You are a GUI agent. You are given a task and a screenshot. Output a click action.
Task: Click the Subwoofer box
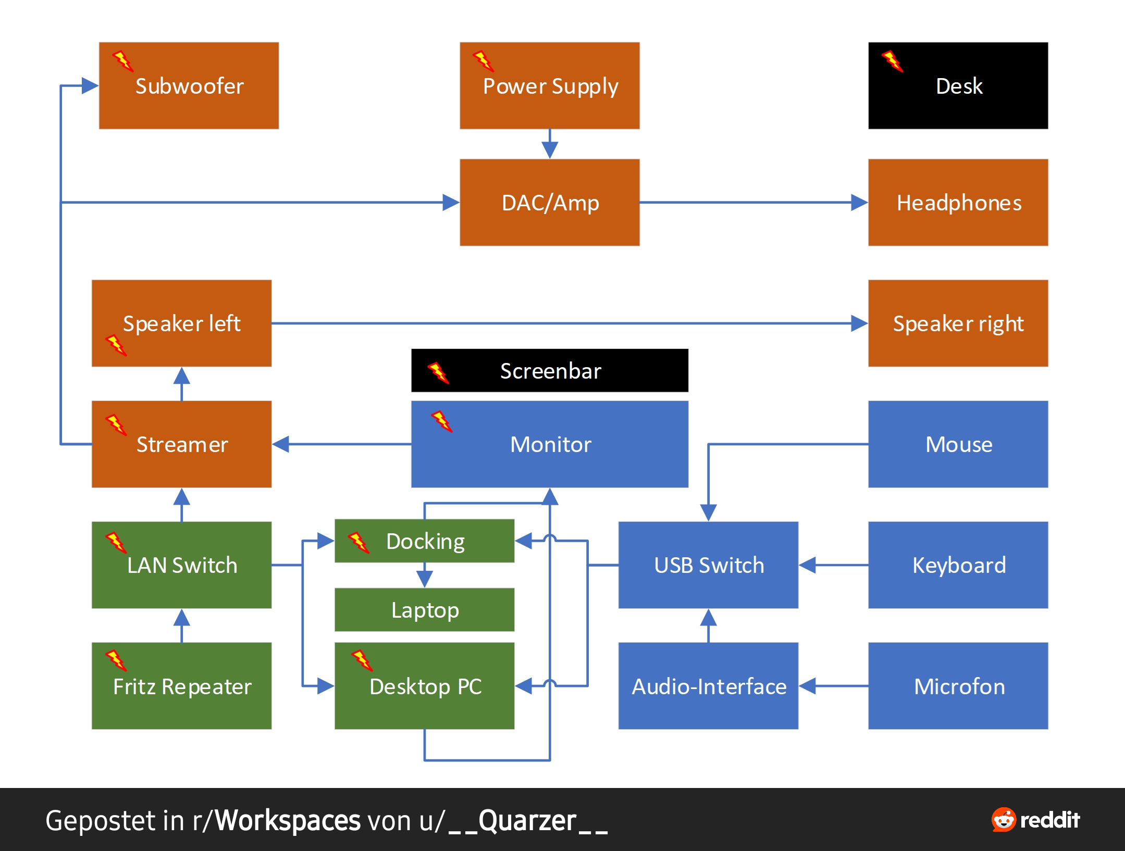[x=189, y=85]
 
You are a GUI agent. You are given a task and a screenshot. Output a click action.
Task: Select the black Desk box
[x=958, y=85]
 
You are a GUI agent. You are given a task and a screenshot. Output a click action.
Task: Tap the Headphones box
[x=958, y=202]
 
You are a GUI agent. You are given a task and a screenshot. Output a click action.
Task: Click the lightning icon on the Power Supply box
[x=483, y=61]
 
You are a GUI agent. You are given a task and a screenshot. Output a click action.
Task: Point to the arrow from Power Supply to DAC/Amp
[x=550, y=144]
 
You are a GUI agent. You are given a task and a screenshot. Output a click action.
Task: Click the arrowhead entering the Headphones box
[x=859, y=202]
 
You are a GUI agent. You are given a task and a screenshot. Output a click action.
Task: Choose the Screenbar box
[x=550, y=370]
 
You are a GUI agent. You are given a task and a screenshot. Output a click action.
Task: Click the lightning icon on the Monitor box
[x=441, y=421]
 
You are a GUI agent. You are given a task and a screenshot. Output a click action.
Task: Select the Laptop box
[x=424, y=609]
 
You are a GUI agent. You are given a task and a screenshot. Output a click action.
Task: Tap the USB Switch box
[x=708, y=565]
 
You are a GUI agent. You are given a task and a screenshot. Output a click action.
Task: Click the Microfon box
[x=958, y=685]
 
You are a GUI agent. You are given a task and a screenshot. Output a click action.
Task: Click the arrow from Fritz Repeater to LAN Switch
[x=181, y=625]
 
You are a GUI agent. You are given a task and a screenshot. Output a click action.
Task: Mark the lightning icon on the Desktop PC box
[x=362, y=660]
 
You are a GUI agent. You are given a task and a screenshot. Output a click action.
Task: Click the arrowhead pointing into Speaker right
[x=859, y=323]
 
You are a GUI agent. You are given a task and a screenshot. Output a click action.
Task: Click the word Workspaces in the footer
[x=288, y=820]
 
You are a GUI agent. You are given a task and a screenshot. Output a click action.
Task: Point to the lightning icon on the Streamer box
[x=116, y=424]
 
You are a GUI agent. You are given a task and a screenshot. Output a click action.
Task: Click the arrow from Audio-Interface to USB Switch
[x=708, y=625]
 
